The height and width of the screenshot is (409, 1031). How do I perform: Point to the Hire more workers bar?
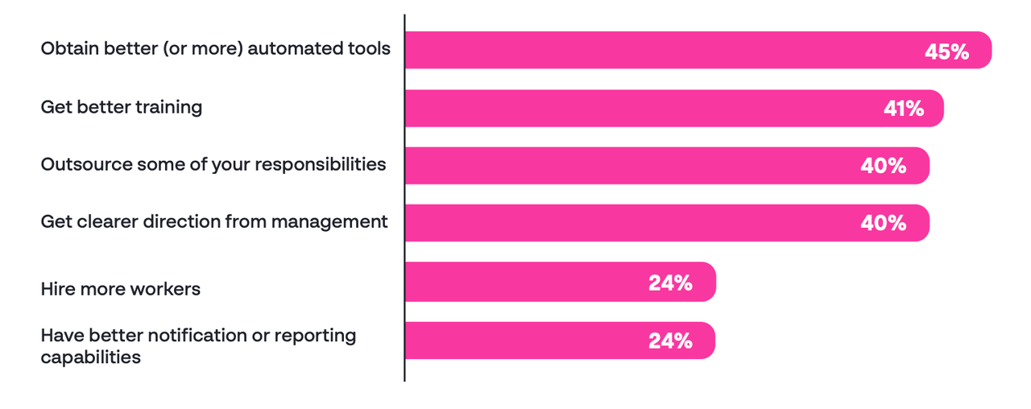pos(524,282)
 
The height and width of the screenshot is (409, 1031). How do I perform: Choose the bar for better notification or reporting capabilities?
pos(524,341)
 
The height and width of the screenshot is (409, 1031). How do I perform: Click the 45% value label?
pos(946,52)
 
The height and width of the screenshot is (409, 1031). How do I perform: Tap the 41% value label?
pos(904,109)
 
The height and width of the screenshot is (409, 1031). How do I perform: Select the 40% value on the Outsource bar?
pos(883,166)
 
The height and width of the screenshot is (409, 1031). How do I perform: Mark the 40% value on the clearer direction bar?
pos(883,223)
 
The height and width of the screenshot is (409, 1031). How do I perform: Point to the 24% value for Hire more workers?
pos(670,283)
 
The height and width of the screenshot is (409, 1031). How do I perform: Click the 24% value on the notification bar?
pos(670,341)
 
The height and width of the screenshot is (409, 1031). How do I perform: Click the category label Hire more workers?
pos(120,288)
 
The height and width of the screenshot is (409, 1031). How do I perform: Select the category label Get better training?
pos(121,106)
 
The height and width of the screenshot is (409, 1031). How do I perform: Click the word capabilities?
pos(90,357)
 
